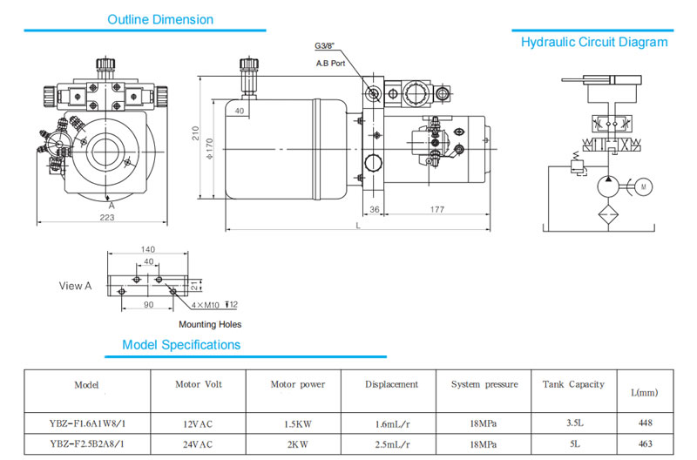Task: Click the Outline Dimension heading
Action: tap(159, 19)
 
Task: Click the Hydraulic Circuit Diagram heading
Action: tap(594, 42)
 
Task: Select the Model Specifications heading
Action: tap(181, 345)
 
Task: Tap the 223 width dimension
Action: tap(106, 217)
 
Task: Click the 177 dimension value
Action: tap(436, 210)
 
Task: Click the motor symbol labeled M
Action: tap(643, 186)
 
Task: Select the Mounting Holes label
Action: tap(210, 324)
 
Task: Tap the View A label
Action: tap(75, 286)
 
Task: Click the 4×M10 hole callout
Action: tap(206, 304)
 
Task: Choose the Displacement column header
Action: tap(391, 384)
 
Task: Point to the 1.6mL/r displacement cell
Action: tap(391, 423)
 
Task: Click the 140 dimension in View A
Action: tap(149, 250)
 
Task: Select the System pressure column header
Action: tap(484, 384)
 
